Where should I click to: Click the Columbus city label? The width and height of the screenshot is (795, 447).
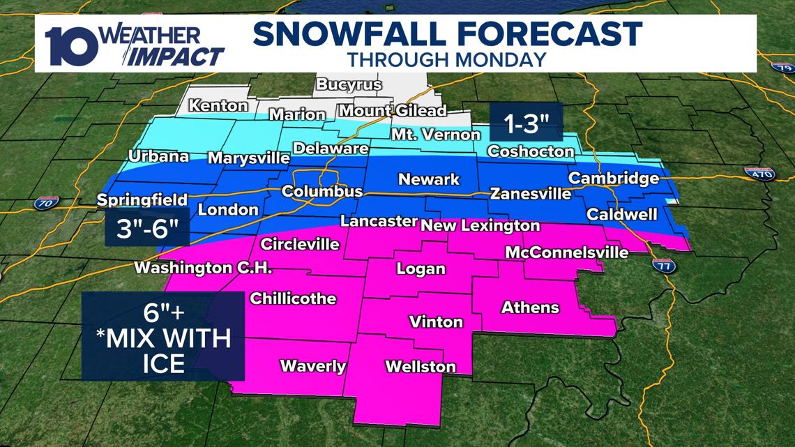coord(321,191)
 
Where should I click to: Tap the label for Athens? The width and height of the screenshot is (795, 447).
coord(530,307)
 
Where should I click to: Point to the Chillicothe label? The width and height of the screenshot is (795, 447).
coord(293,298)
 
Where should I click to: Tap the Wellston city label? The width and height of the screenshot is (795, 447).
coord(420,366)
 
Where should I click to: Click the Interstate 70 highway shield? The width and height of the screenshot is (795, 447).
coord(43,204)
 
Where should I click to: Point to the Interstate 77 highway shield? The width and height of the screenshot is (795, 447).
coord(664,264)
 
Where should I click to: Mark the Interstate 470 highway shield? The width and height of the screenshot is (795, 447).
coord(759,173)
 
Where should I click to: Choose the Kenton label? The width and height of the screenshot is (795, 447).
coord(218,106)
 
